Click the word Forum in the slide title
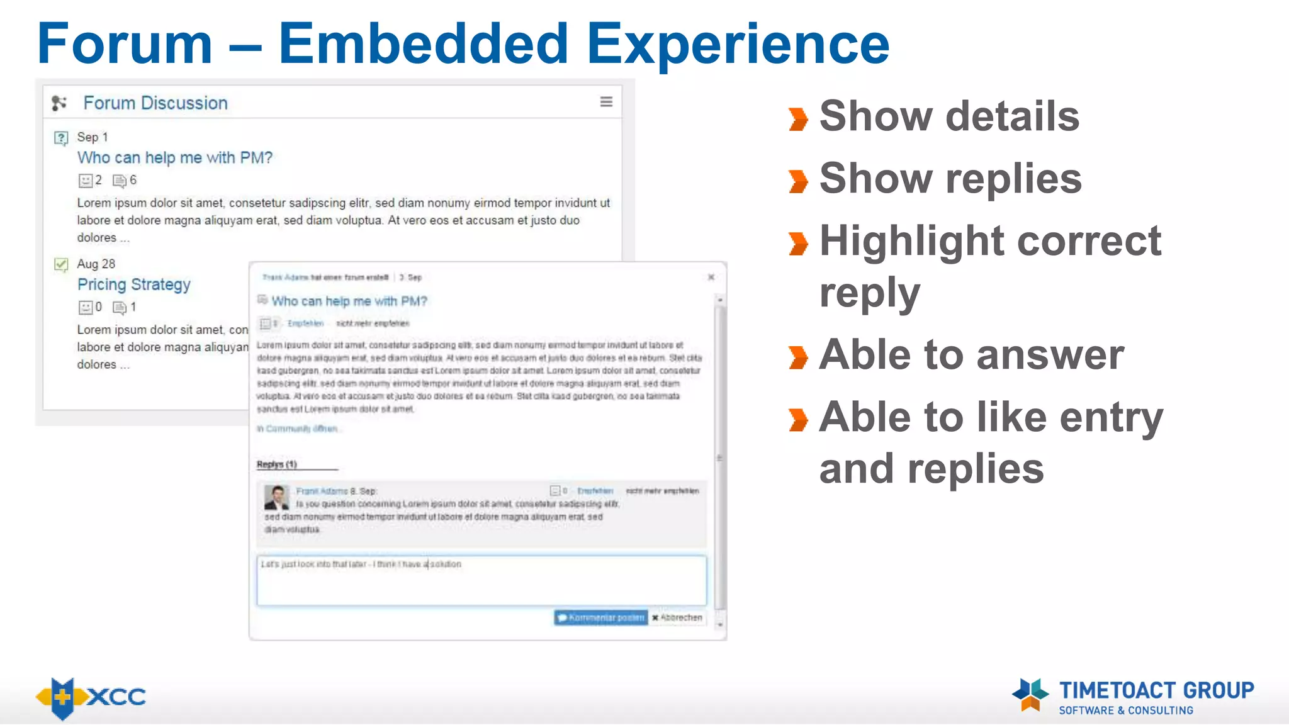click(x=125, y=44)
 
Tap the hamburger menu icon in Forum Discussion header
click(x=606, y=102)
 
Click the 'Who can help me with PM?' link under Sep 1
click(x=174, y=157)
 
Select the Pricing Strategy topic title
click(x=133, y=284)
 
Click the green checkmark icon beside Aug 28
click(x=61, y=264)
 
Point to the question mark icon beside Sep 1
click(x=61, y=138)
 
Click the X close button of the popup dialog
click(x=711, y=277)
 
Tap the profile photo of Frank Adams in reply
click(x=277, y=497)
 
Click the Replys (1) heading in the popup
click(x=276, y=464)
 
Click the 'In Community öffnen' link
click(x=297, y=429)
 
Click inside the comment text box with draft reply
click(x=481, y=582)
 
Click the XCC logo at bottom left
click(x=91, y=697)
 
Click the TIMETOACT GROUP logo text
click(x=1156, y=691)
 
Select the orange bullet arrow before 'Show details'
click(x=798, y=119)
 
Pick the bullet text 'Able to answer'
click(x=971, y=355)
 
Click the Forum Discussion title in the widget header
click(x=155, y=103)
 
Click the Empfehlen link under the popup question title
click(x=305, y=323)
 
